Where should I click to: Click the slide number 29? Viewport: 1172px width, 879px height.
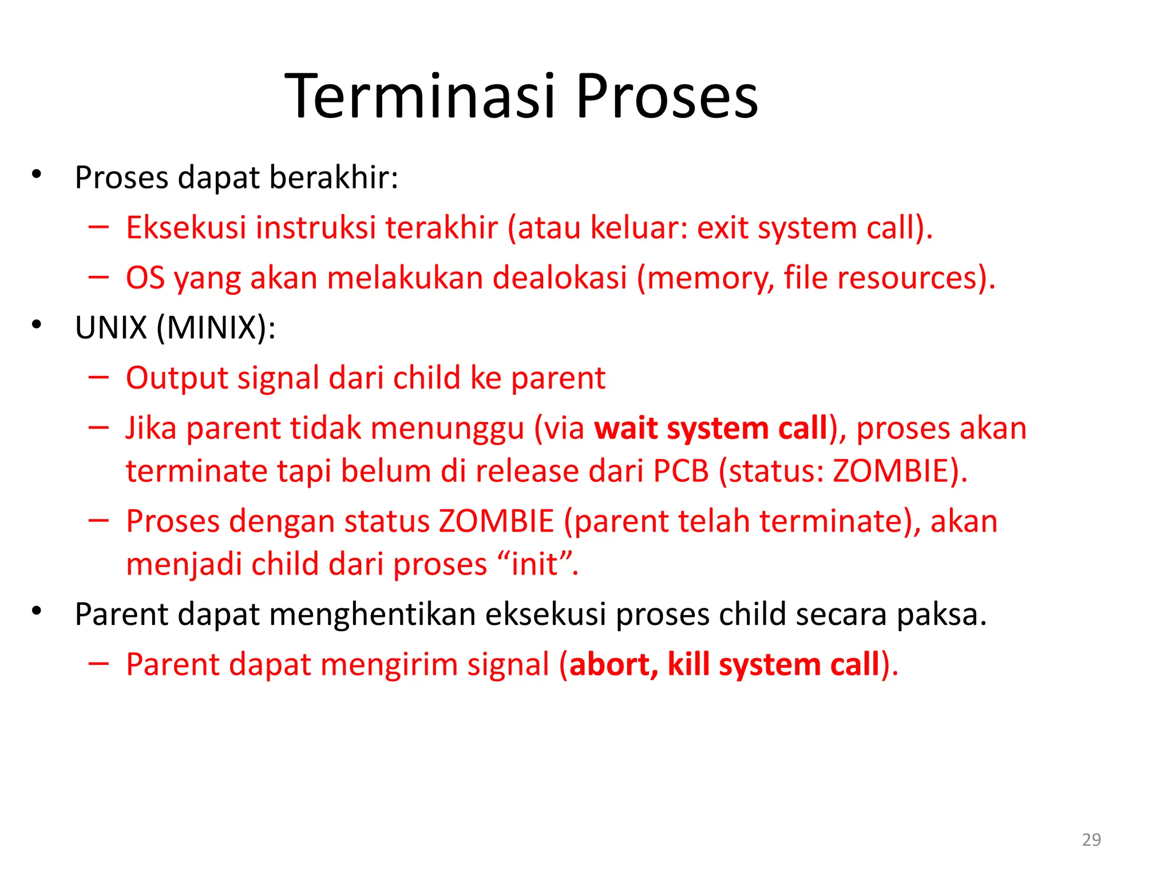[1091, 840]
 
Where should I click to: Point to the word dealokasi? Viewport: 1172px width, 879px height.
[560, 278]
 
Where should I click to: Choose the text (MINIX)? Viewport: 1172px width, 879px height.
[216, 328]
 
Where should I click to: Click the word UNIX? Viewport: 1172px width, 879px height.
[111, 328]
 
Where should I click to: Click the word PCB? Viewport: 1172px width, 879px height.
[681, 472]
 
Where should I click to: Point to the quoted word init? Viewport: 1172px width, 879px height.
[534, 564]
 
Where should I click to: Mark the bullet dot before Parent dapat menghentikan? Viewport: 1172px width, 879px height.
[37, 611]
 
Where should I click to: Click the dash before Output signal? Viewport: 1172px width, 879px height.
[98, 377]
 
